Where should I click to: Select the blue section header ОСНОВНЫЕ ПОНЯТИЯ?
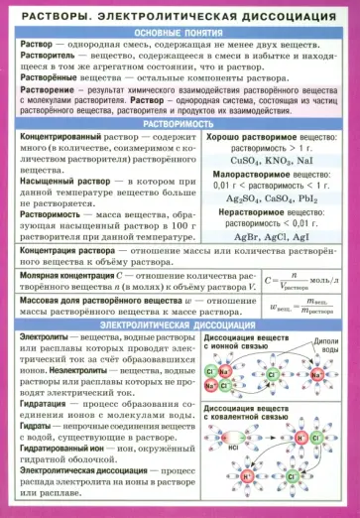coord(180,33)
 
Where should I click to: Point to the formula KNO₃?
coord(273,160)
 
